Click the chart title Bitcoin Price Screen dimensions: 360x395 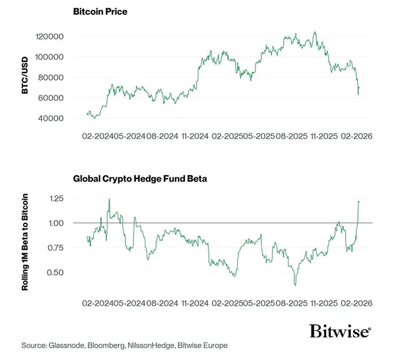coord(99,12)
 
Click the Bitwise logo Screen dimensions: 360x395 coord(340,332)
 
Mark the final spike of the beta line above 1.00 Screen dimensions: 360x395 coord(359,202)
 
